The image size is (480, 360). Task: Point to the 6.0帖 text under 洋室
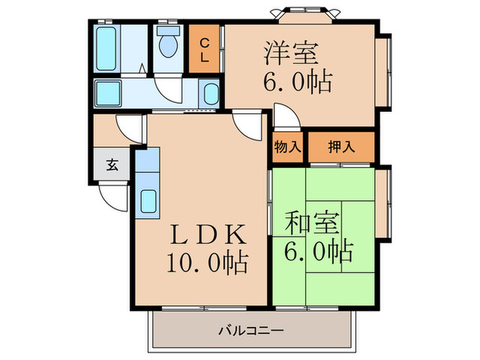pyautogui.click(x=298, y=82)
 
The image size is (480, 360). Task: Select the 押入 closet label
pyautogui.click(x=341, y=146)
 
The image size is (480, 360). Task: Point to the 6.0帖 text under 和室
pyautogui.click(x=317, y=252)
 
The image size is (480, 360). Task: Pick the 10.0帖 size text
pyautogui.click(x=205, y=263)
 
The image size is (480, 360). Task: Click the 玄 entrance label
pyautogui.click(x=110, y=165)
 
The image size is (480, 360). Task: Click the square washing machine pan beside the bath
pyautogui.click(x=107, y=91)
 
